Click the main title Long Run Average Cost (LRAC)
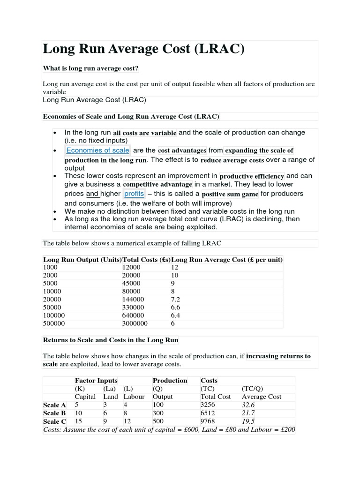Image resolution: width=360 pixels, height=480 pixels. [x=144, y=49]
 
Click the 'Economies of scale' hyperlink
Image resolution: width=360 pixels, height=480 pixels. [x=97, y=150]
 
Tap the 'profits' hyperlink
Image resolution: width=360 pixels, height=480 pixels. [x=134, y=194]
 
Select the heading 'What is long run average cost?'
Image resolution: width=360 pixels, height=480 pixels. [x=91, y=69]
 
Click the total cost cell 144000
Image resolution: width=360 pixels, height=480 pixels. [x=133, y=299]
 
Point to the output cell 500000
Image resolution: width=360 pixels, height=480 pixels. [x=54, y=323]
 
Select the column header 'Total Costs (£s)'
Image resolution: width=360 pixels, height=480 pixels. [x=146, y=260]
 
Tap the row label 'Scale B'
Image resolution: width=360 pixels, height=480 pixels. [x=54, y=413]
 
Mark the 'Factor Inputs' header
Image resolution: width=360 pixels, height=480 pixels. [x=96, y=381]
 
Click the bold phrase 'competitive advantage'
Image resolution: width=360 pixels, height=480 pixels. [x=157, y=185]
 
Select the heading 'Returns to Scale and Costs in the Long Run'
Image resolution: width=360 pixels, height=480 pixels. [x=111, y=340]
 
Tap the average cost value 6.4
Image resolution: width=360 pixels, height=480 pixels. [x=176, y=315]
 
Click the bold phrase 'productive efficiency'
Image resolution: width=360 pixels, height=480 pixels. [x=252, y=176]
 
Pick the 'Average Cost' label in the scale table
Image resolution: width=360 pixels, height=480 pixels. [x=262, y=397]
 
